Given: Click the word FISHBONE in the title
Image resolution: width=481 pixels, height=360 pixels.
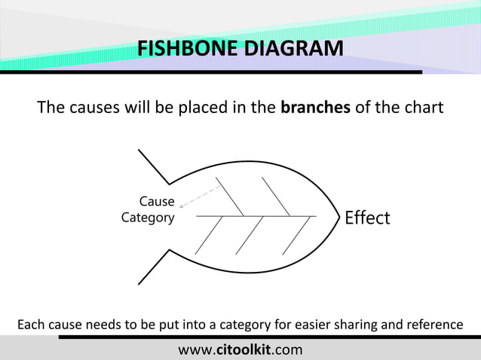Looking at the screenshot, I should point(181,50).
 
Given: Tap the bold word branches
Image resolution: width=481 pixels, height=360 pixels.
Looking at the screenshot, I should point(314,108).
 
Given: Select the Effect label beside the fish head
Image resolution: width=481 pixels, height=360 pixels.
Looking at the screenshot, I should point(367,218).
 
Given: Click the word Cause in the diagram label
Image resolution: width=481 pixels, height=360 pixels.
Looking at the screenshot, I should point(157,202).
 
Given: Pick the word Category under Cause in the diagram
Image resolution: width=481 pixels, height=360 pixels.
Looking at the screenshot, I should point(147,218).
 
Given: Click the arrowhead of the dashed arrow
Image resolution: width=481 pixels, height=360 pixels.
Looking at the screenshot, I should point(182,204).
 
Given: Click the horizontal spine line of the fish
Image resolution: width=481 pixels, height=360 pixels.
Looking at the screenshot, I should point(256,216).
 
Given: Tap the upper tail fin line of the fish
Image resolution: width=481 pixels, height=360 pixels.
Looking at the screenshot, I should point(155,166).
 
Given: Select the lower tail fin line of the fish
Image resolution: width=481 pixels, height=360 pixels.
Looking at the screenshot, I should point(155,267).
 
